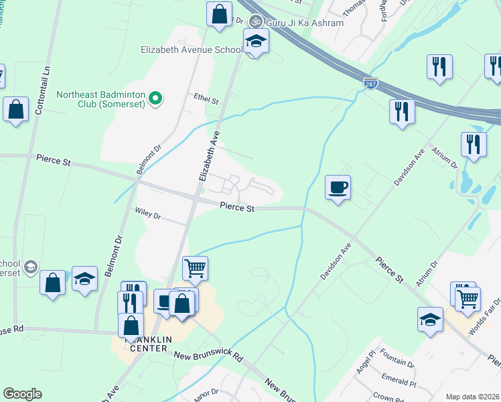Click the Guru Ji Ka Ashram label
pyautogui.click(x=305, y=23)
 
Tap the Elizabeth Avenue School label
pyautogui.click(x=192, y=50)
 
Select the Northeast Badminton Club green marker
pyautogui.click(x=155, y=98)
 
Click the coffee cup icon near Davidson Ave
pyautogui.click(x=338, y=187)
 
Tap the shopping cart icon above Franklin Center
pyautogui.click(x=195, y=268)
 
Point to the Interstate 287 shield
pyautogui.click(x=370, y=83)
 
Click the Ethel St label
pyautogui.click(x=206, y=100)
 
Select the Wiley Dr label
pyautogui.click(x=148, y=216)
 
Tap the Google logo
pyautogui.click(x=22, y=394)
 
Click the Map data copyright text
pyautogui.click(x=472, y=397)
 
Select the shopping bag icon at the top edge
pyautogui.click(x=219, y=13)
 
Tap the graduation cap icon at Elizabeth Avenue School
pyautogui.click(x=255, y=41)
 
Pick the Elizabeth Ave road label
pyautogui.click(x=209, y=155)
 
